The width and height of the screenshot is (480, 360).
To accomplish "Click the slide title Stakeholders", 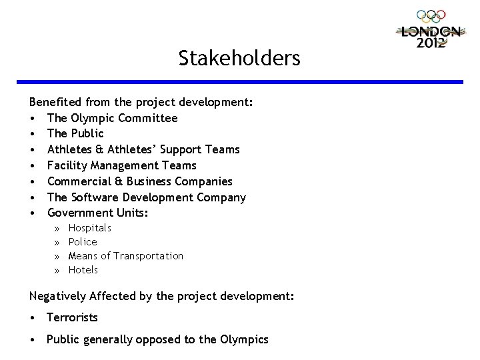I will pyautogui.click(x=239, y=59).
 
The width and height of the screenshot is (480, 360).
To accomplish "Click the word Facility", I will pyautogui.click(x=65, y=165).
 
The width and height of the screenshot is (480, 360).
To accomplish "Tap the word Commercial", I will pyautogui.click(x=77, y=181).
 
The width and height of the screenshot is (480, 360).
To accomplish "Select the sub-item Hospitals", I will pyautogui.click(x=90, y=228).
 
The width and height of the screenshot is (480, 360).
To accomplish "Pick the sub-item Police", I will pyautogui.click(x=83, y=242).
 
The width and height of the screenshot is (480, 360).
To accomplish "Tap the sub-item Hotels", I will pyautogui.click(x=83, y=270).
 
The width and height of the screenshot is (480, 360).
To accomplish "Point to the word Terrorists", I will pyautogui.click(x=72, y=317).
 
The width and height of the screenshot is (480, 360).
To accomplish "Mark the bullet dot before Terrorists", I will pyautogui.click(x=33, y=318).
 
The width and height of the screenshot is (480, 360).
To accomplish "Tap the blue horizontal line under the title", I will pyautogui.click(x=246, y=81).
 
